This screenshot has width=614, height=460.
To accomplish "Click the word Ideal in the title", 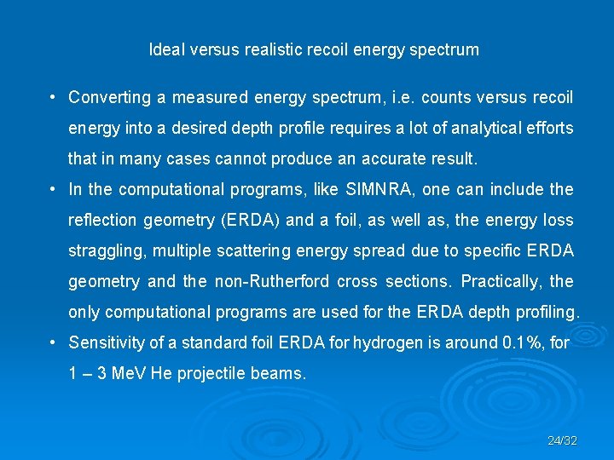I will [x=165, y=49].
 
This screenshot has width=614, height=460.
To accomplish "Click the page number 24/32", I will [x=562, y=440].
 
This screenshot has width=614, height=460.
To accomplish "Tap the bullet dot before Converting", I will [x=53, y=97].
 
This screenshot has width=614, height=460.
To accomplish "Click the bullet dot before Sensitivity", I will [x=53, y=342].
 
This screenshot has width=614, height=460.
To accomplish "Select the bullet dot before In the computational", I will [x=53, y=189].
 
